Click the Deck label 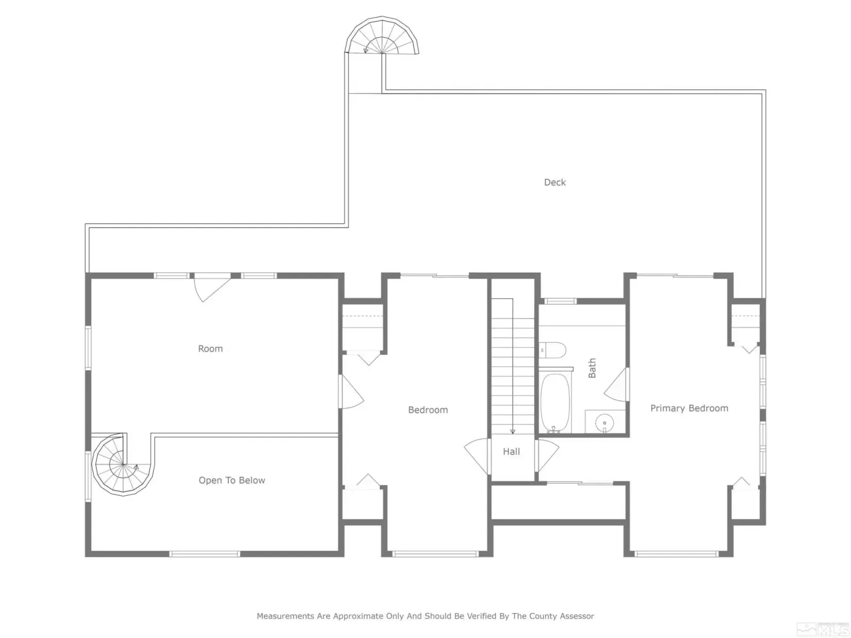click(554, 182)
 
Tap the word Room click(210, 349)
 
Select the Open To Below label click(232, 480)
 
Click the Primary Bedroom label click(689, 409)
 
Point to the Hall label click(511, 451)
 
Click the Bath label click(591, 368)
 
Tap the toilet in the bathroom click(553, 350)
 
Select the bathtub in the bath click(555, 402)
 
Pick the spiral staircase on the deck click(382, 36)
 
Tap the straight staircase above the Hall click(513, 366)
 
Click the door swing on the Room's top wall click(212, 288)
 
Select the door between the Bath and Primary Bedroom click(616, 384)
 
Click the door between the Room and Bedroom click(351, 392)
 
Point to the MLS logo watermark click(823, 627)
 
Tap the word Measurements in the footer click(285, 616)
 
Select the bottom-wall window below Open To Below click(205, 554)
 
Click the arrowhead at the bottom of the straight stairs click(513, 432)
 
